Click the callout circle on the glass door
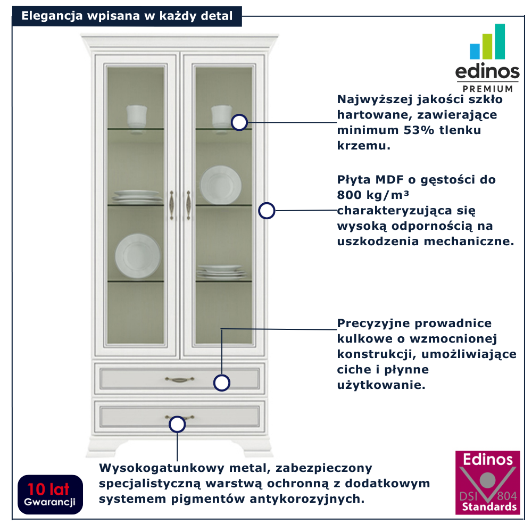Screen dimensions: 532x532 click(x=240, y=122)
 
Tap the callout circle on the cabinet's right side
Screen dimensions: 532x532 click(x=267, y=211)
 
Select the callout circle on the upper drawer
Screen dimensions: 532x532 click(x=222, y=383)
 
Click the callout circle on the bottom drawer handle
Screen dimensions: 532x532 click(x=177, y=424)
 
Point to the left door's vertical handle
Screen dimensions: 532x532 click(x=171, y=204)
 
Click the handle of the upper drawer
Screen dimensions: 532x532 click(x=179, y=379)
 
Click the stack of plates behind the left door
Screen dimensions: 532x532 click(x=136, y=197)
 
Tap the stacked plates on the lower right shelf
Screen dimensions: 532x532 click(x=222, y=272)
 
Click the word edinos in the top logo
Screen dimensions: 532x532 click(x=487, y=72)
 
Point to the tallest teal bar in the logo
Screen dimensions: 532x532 click(x=500, y=41)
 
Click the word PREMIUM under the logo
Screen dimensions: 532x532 click(x=488, y=88)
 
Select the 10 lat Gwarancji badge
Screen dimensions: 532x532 click(x=50, y=494)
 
